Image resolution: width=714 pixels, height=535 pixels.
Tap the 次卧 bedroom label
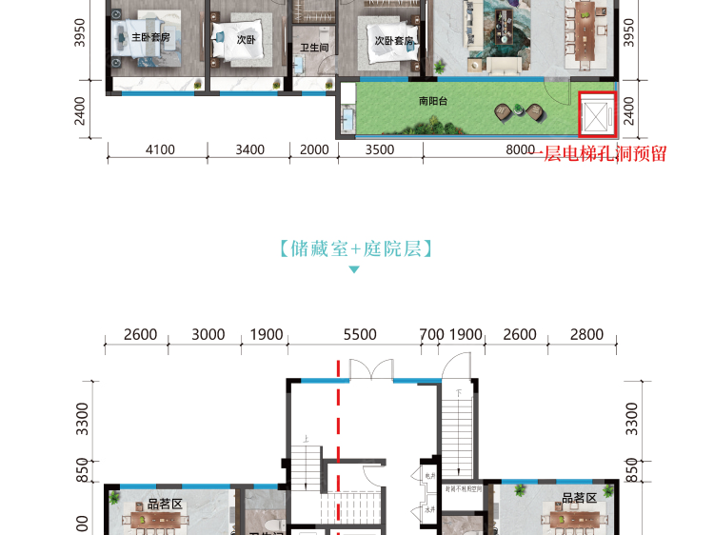pos(246,40)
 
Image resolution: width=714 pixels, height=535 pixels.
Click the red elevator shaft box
pos(597,116)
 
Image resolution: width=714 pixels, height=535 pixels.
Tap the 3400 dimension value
pos(249,149)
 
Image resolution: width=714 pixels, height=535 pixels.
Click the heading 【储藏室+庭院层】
pos(356,249)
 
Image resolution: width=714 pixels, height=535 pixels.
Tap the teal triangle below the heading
pos(354,270)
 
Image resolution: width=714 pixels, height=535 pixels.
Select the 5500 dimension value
pos(360,334)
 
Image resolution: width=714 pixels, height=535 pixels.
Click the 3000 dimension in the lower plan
pos(208,334)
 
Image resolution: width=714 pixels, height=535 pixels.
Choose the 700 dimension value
pos(431,334)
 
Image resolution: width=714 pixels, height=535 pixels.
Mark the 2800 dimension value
pos(586,334)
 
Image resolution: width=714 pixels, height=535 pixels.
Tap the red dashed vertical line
pos(338,447)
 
